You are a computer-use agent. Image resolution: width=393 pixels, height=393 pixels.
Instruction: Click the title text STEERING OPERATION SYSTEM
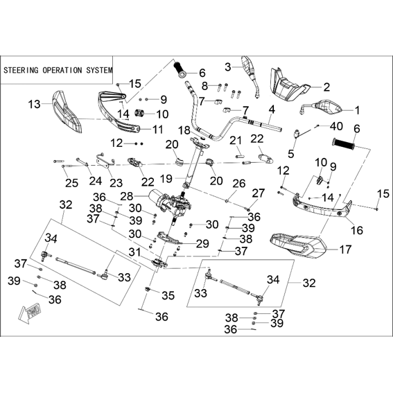tap(58, 70)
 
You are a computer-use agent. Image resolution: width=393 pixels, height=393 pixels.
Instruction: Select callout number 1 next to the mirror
tap(357, 110)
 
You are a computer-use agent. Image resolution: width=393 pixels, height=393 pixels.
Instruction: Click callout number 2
tap(326, 87)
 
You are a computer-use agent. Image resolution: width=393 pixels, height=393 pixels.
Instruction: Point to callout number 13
tap(35, 104)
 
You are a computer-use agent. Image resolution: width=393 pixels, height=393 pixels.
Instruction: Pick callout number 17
tap(345, 250)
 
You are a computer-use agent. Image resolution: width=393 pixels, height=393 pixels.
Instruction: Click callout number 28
tap(127, 196)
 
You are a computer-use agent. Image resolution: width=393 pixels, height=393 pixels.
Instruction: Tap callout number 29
tap(202, 243)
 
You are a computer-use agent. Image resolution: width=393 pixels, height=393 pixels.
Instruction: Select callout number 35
tap(168, 295)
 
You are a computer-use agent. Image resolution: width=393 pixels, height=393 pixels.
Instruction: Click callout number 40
tap(336, 126)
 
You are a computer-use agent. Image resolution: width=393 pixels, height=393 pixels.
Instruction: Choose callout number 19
tap(166, 179)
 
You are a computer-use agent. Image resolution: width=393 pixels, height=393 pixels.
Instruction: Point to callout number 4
tap(272, 110)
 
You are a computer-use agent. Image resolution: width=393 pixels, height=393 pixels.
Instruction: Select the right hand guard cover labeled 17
tap(298, 245)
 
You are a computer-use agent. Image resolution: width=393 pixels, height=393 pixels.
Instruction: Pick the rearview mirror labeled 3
tap(250, 75)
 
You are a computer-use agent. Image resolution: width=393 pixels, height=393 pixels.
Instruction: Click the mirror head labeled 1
tap(321, 107)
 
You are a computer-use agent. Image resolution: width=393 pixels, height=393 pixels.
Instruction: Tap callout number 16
tap(357, 229)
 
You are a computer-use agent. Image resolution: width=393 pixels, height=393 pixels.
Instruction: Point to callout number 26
tap(239, 184)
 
